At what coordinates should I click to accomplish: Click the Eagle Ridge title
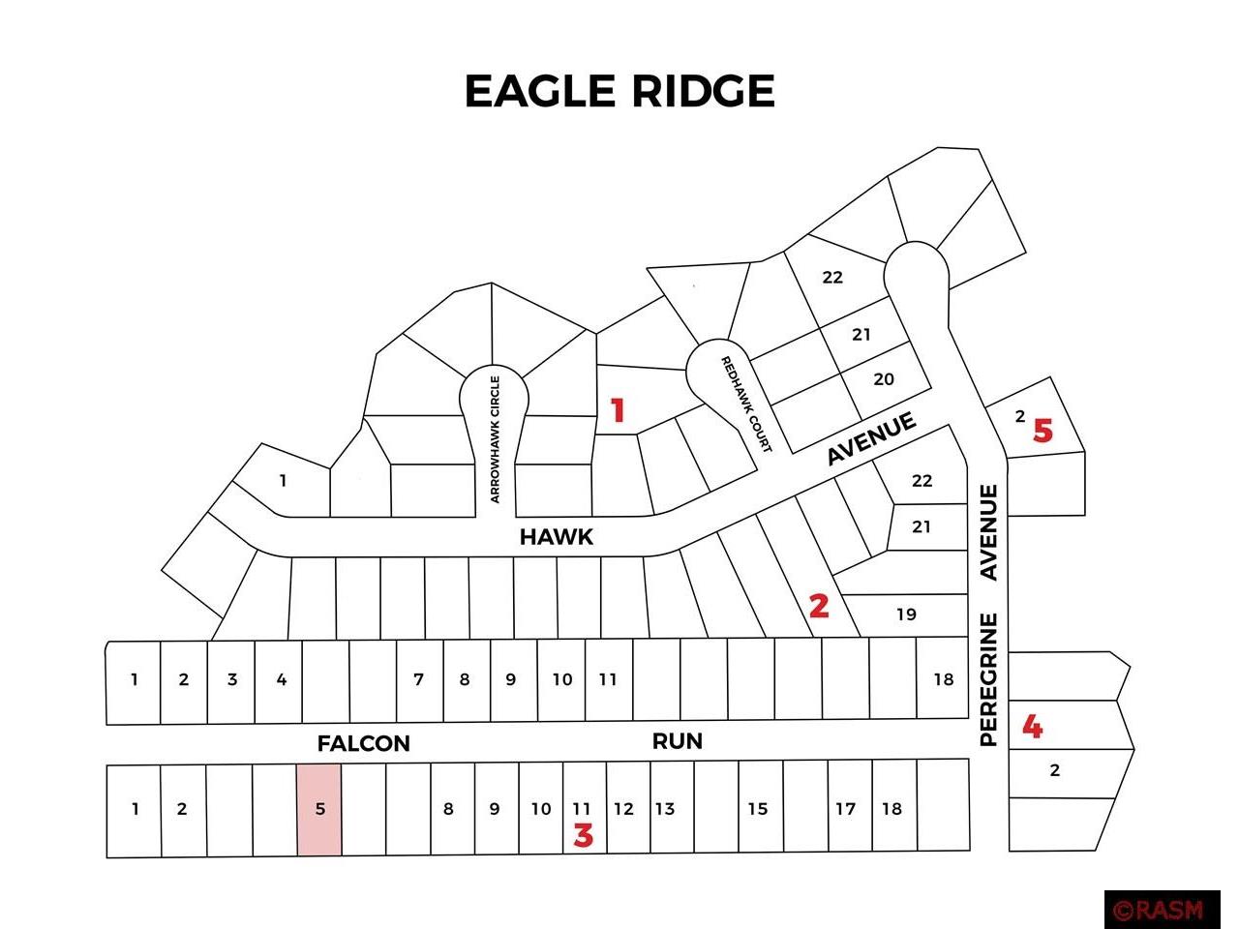[x=619, y=91]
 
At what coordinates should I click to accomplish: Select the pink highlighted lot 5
[x=319, y=809]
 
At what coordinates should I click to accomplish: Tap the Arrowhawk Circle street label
[x=495, y=439]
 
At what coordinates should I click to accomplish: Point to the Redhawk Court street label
[x=746, y=405]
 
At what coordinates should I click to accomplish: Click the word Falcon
[x=364, y=743]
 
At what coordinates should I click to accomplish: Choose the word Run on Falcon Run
[x=677, y=741]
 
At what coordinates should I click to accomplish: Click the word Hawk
[x=556, y=537]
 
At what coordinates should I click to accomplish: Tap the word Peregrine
[x=988, y=679]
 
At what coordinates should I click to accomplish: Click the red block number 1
[x=618, y=411]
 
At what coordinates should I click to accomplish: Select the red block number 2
[x=819, y=606]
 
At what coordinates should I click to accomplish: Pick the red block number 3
[x=583, y=835]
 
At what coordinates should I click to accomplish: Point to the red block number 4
[x=1032, y=726]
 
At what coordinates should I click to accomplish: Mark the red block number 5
[x=1043, y=431]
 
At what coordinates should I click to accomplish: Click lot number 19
[x=906, y=614]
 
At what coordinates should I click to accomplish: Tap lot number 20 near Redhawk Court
[x=884, y=379]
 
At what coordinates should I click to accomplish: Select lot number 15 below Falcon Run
[x=757, y=809]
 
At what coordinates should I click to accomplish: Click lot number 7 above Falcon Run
[x=419, y=679]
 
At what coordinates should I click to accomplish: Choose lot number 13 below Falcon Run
[x=664, y=809]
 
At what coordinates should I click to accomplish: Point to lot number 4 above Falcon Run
[x=282, y=679]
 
